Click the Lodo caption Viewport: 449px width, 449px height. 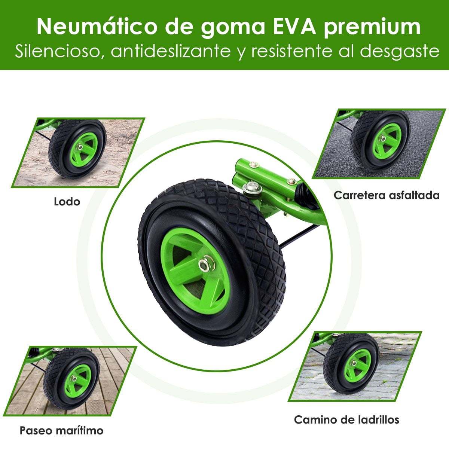67,202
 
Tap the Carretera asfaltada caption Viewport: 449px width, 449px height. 387,195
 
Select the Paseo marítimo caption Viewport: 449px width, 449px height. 61,431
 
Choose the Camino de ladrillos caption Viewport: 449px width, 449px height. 347,420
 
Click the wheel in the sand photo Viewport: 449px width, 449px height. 77,149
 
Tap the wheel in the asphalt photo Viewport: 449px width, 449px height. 380,141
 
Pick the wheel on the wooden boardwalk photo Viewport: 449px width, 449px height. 71,379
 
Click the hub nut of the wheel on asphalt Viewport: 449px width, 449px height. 382,139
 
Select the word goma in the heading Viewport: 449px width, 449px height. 233,29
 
